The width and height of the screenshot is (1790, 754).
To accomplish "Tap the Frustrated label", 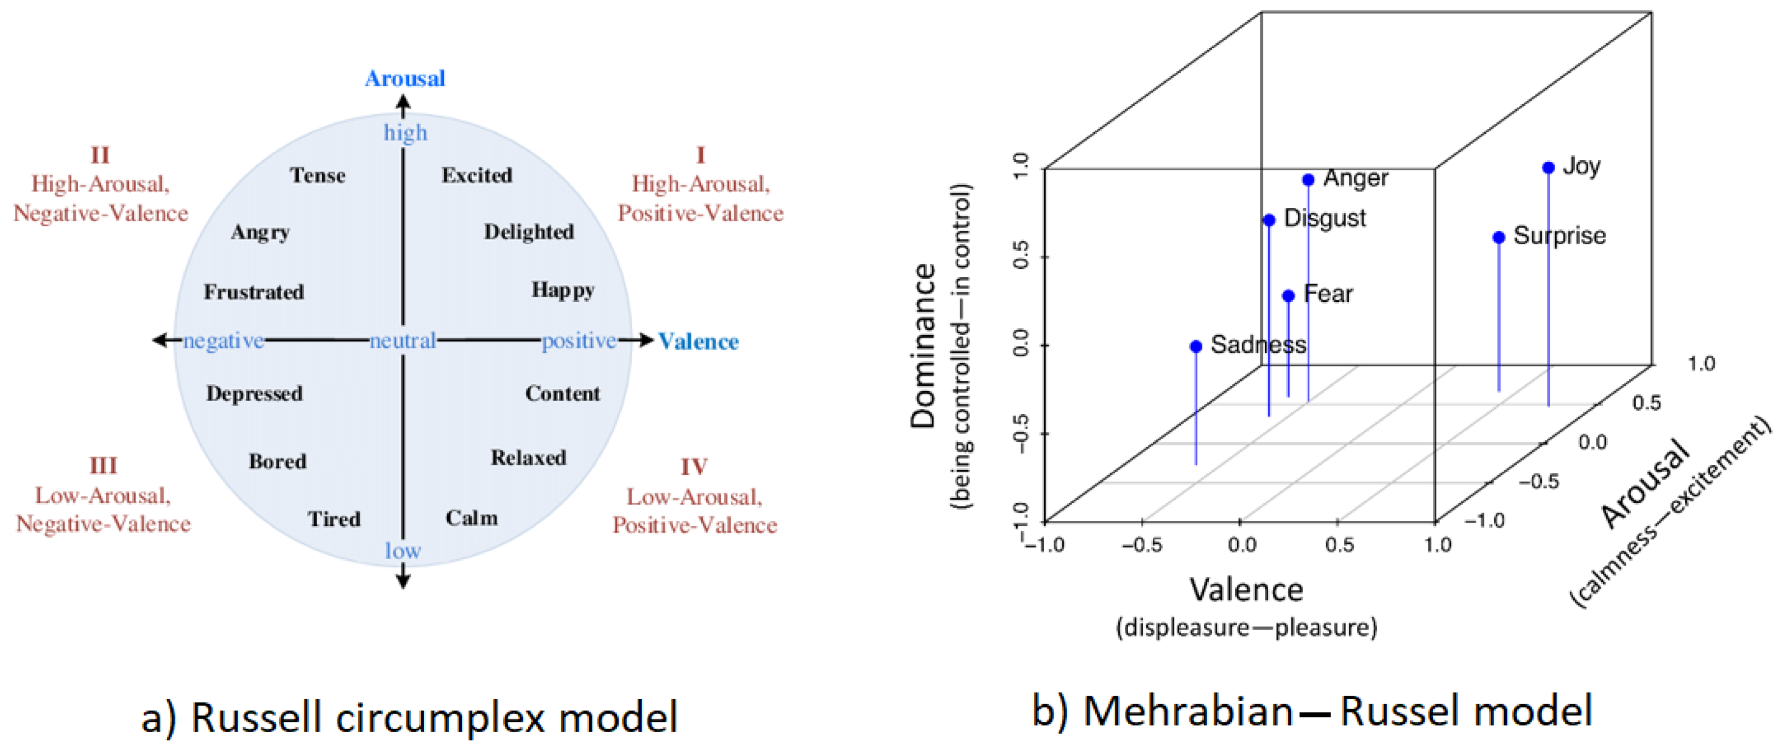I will click(254, 292).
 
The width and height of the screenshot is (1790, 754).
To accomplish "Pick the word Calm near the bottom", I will click(472, 518).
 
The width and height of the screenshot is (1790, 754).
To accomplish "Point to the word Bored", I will click(277, 462).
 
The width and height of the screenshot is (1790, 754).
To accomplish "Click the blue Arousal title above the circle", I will click(405, 78).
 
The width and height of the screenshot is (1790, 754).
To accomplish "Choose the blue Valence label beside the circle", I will click(698, 342).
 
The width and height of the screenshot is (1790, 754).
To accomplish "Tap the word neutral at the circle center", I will click(403, 341).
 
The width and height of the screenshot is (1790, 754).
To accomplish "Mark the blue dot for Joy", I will click(1548, 167).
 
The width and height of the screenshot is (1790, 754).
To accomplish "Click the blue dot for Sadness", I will click(1196, 346).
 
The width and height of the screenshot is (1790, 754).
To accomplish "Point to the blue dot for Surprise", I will click(1499, 238).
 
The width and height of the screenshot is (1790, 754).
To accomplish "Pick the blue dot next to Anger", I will click(1309, 180).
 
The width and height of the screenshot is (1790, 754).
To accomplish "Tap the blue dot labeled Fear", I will click(1288, 296).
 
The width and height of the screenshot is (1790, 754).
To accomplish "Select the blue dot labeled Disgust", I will click(1269, 220).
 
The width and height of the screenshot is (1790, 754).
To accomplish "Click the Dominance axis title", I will click(924, 345).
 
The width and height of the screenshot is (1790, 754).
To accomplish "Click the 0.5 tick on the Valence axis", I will click(1339, 545).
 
